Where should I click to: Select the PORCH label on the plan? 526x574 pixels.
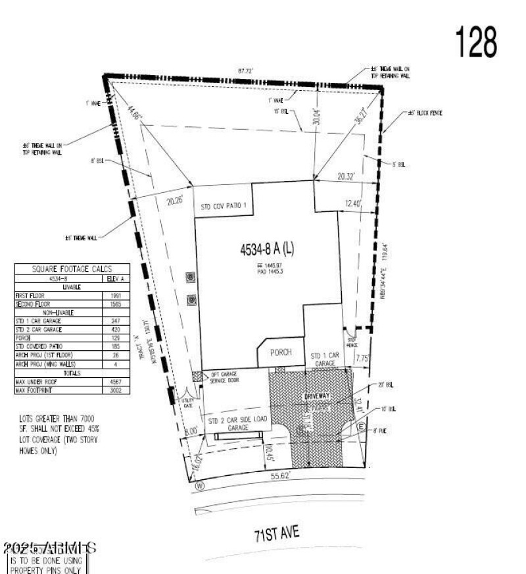pyautogui.click(x=280, y=353)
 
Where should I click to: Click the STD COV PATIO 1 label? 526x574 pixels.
pyautogui.click(x=224, y=206)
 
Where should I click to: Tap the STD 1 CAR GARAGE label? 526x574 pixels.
pyautogui.click(x=324, y=359)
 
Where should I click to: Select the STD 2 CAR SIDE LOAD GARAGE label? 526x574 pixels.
pyautogui.click(x=237, y=424)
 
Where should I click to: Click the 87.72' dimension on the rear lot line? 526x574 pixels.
pyautogui.click(x=246, y=70)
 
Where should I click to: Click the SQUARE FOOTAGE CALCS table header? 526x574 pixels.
pyautogui.click(x=72, y=269)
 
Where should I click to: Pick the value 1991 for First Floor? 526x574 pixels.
pyautogui.click(x=116, y=296)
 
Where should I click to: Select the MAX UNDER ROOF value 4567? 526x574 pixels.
pyautogui.click(x=116, y=382)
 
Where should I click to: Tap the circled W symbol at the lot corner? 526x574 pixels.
pyautogui.click(x=199, y=486)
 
